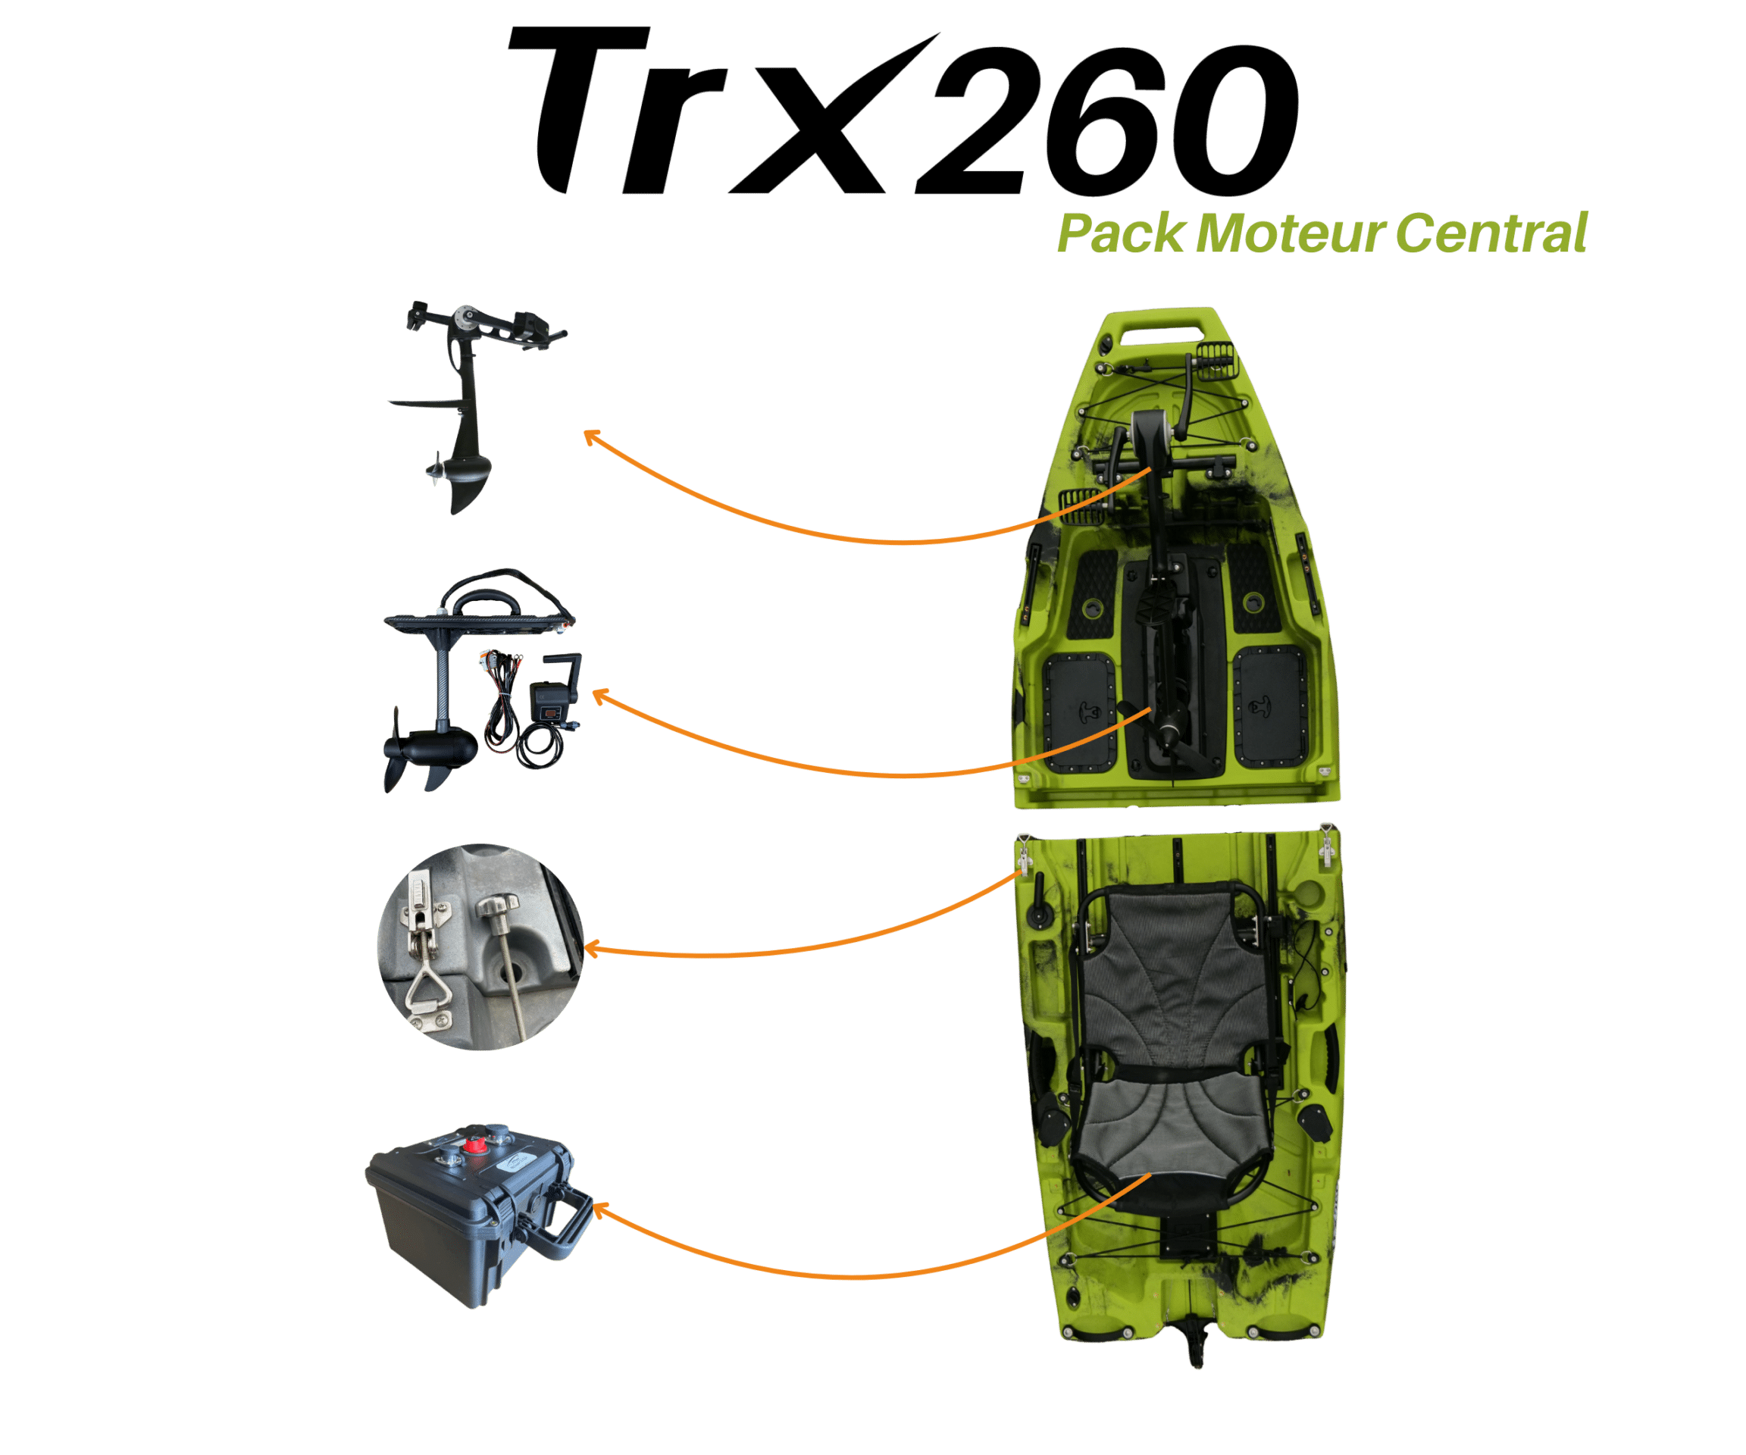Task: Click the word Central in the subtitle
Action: click(x=1491, y=233)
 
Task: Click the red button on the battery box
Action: click(x=476, y=1147)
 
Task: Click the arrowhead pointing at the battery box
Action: click(x=598, y=1209)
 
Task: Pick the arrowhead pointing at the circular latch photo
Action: click(x=591, y=948)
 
